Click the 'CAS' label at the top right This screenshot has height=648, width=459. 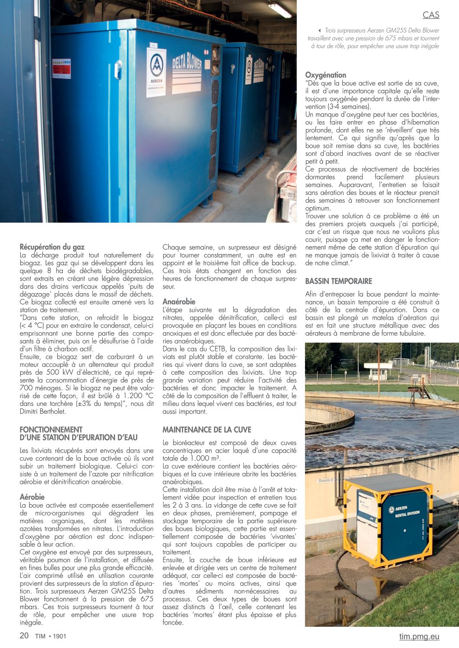click(x=431, y=15)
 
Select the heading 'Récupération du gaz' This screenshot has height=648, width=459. click(x=52, y=247)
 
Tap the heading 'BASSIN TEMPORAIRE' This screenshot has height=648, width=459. click(x=338, y=281)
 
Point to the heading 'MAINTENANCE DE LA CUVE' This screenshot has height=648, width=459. click(x=207, y=430)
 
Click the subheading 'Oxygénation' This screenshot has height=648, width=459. click(x=325, y=75)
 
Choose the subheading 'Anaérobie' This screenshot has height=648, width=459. click(x=179, y=301)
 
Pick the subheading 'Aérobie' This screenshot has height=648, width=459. click(x=32, y=497)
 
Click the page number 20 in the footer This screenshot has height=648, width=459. click(x=24, y=635)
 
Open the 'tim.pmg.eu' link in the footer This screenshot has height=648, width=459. click(x=419, y=636)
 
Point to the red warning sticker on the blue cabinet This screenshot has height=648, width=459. click(x=61, y=68)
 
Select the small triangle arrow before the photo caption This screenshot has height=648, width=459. click(x=320, y=31)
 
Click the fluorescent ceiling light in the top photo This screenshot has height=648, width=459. click(x=280, y=10)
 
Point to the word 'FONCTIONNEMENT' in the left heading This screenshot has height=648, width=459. click(x=51, y=429)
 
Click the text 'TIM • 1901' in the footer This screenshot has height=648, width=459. click(x=51, y=636)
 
